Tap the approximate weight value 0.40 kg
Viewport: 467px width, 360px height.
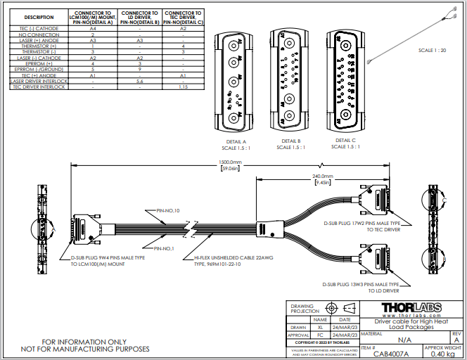pos(443,353)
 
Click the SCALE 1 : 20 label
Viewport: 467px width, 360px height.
pos(432,51)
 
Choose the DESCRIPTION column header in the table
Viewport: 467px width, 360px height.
pos(39,18)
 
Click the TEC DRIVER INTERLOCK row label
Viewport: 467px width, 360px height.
pos(39,87)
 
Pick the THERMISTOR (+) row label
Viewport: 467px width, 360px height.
pos(39,46)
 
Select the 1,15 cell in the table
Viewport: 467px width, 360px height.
pos(183,87)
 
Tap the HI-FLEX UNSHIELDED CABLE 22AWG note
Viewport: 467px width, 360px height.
pos(231,261)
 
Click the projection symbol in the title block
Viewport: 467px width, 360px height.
pos(331,308)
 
